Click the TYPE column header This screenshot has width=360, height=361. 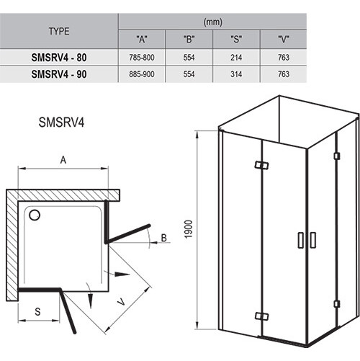59,31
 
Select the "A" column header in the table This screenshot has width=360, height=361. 142,39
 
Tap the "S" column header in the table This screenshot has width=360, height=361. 236,39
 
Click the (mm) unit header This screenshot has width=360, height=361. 213,22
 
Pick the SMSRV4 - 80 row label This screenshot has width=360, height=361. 59,58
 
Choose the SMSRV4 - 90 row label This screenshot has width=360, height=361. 59,74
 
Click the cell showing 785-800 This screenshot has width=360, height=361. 142,58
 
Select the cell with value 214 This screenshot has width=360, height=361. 236,58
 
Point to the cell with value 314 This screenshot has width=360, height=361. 236,74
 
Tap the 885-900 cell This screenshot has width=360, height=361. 142,74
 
